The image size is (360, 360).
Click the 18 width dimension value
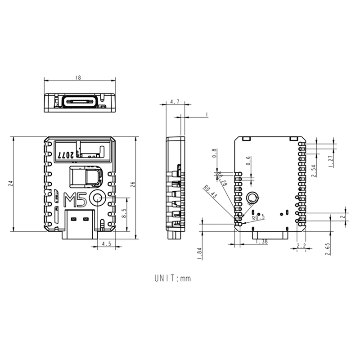pos(79,77)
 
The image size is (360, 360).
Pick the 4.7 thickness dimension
pos(175,102)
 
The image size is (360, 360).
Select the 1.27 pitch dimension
pos(331,159)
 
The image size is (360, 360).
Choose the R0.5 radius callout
pos(259,218)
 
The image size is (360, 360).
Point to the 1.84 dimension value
pos(199,253)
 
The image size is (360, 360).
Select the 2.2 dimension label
pos(301,246)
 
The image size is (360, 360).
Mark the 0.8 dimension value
pos(215,153)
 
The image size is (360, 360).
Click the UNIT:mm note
pos(173,278)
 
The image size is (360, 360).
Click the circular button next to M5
pos(97,198)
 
